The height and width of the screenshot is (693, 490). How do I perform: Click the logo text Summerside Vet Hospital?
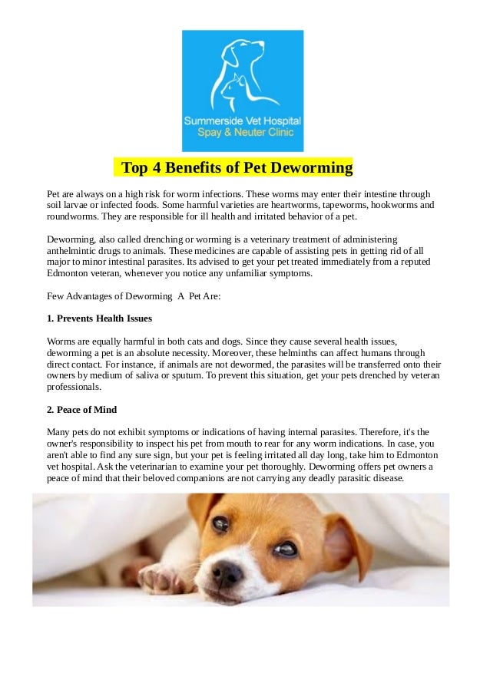pos(242,121)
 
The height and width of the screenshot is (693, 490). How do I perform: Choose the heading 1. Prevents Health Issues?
pos(99,318)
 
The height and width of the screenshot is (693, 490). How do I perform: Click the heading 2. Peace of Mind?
pos(81,409)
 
